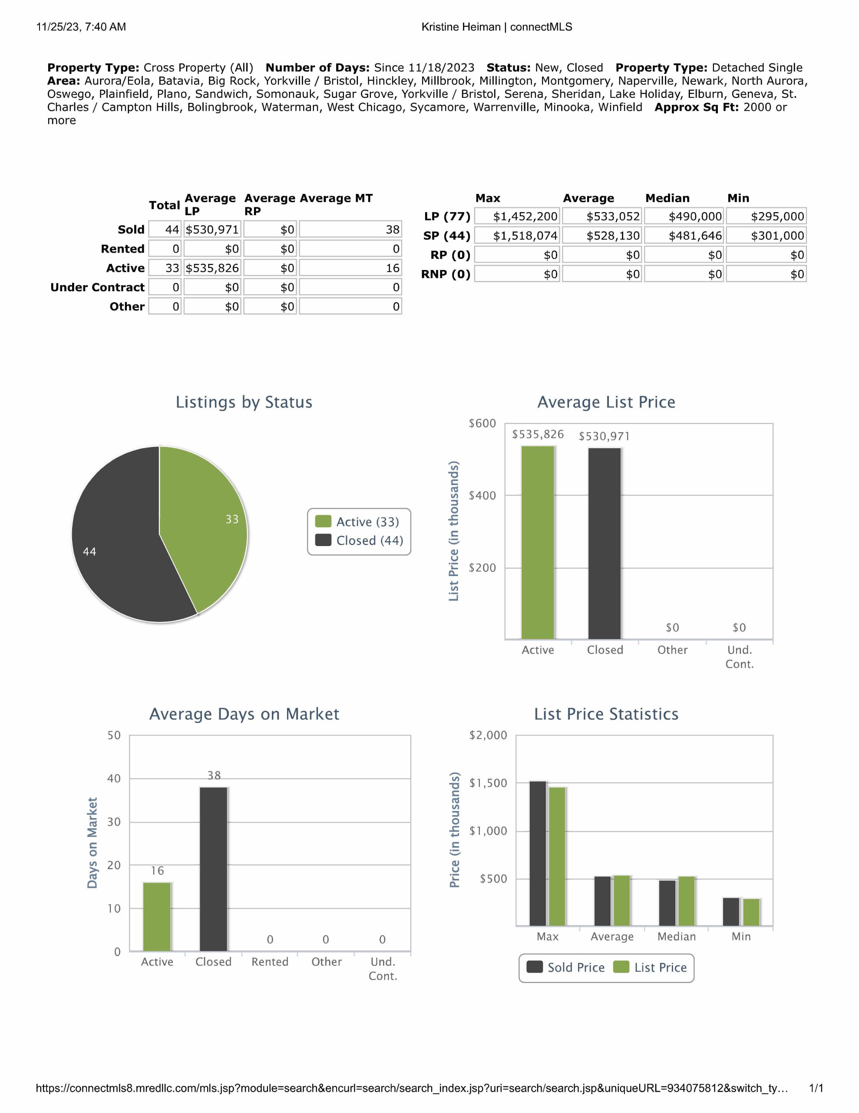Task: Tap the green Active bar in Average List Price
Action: point(538,542)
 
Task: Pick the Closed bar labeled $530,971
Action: point(605,543)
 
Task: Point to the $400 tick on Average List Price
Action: point(482,495)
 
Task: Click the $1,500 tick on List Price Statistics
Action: point(488,783)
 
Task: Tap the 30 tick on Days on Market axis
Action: point(114,822)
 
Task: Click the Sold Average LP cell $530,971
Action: point(212,230)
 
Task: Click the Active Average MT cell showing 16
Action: point(350,268)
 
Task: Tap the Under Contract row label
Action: point(97,287)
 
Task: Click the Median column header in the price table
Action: point(667,198)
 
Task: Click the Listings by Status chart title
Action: point(244,402)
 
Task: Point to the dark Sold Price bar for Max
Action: point(538,853)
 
